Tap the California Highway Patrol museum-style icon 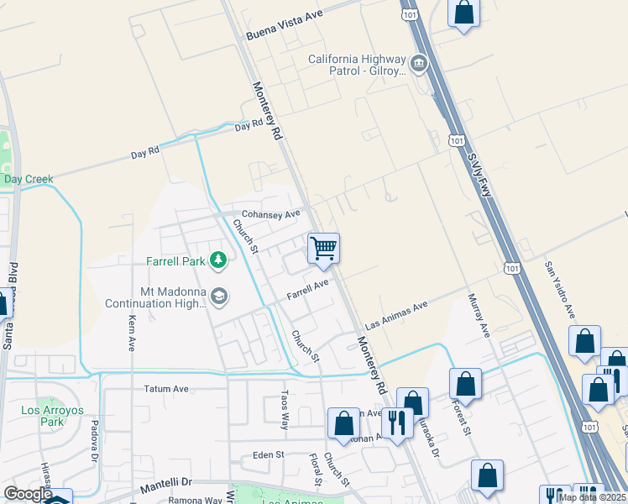point(418,64)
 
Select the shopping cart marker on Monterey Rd point(323,249)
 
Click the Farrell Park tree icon point(218,260)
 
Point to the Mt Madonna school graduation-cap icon point(218,296)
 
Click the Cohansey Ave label point(271,215)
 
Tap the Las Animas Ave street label point(396,316)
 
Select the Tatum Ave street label point(166,389)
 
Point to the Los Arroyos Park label point(42,416)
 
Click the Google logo point(28,494)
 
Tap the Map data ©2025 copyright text point(592,497)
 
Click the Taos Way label point(285,409)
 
